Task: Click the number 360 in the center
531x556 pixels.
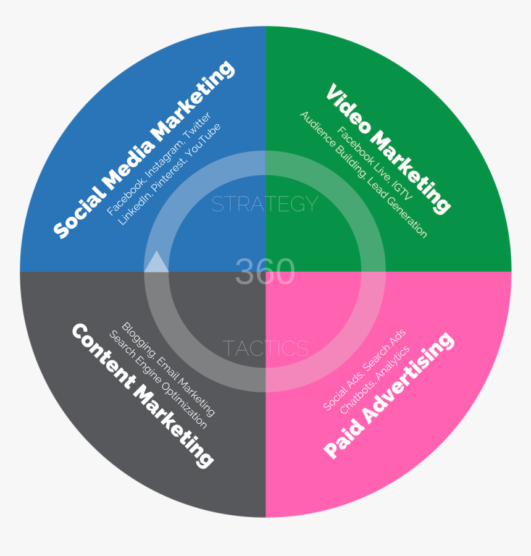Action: click(265, 271)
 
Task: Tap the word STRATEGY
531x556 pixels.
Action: click(265, 204)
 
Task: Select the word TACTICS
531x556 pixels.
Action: click(265, 348)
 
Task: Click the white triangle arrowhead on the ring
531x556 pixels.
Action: click(156, 262)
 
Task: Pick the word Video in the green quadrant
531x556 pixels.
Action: click(348, 109)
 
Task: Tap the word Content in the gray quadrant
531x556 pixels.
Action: click(102, 356)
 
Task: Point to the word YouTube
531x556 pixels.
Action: click(204, 140)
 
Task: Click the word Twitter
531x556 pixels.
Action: click(198, 125)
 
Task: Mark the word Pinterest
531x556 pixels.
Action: click(169, 175)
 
